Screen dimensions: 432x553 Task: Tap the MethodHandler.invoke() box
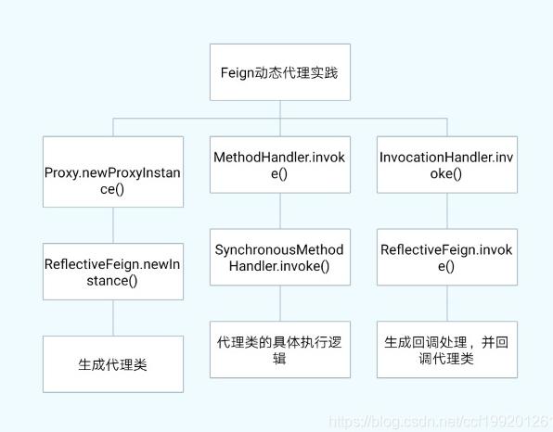point(279,164)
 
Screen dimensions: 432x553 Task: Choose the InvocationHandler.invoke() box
point(445,164)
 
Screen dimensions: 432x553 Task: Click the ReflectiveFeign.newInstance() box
point(113,272)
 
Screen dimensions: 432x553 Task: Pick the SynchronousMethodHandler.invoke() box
point(279,257)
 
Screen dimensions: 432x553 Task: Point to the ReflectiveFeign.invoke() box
point(445,257)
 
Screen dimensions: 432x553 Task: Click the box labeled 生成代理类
point(113,364)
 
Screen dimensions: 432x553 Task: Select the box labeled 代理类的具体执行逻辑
point(279,349)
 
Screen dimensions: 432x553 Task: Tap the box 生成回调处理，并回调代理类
point(445,349)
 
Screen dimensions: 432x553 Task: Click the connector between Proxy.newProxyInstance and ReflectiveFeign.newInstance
point(113,225)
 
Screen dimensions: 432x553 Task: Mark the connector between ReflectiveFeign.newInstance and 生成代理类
point(113,318)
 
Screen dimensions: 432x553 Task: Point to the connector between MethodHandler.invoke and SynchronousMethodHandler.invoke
point(279,210)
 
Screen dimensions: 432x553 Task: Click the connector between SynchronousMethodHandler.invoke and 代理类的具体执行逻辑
point(279,303)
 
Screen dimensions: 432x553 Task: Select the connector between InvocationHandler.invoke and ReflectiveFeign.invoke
point(445,210)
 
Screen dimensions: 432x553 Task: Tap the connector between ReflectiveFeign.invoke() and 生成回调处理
point(445,303)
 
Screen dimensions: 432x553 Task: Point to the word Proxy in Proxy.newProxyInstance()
point(62,172)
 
